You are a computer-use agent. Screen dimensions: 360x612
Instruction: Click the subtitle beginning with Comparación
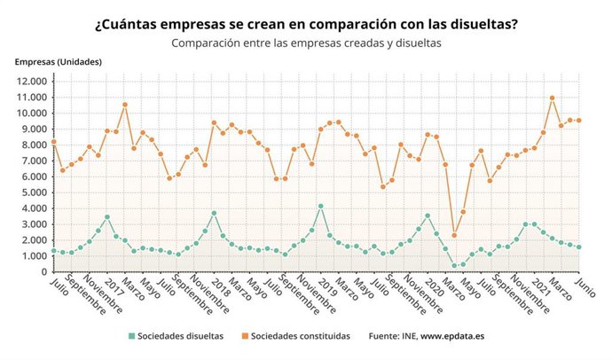click(x=306, y=42)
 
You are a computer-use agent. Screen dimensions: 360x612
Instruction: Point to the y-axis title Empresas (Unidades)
click(x=58, y=62)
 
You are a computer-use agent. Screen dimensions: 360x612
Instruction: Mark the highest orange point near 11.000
click(x=552, y=98)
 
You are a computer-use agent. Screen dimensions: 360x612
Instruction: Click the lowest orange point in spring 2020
click(x=454, y=235)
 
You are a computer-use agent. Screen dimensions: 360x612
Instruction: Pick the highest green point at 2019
click(x=320, y=207)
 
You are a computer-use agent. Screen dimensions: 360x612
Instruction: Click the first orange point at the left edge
click(x=53, y=142)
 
